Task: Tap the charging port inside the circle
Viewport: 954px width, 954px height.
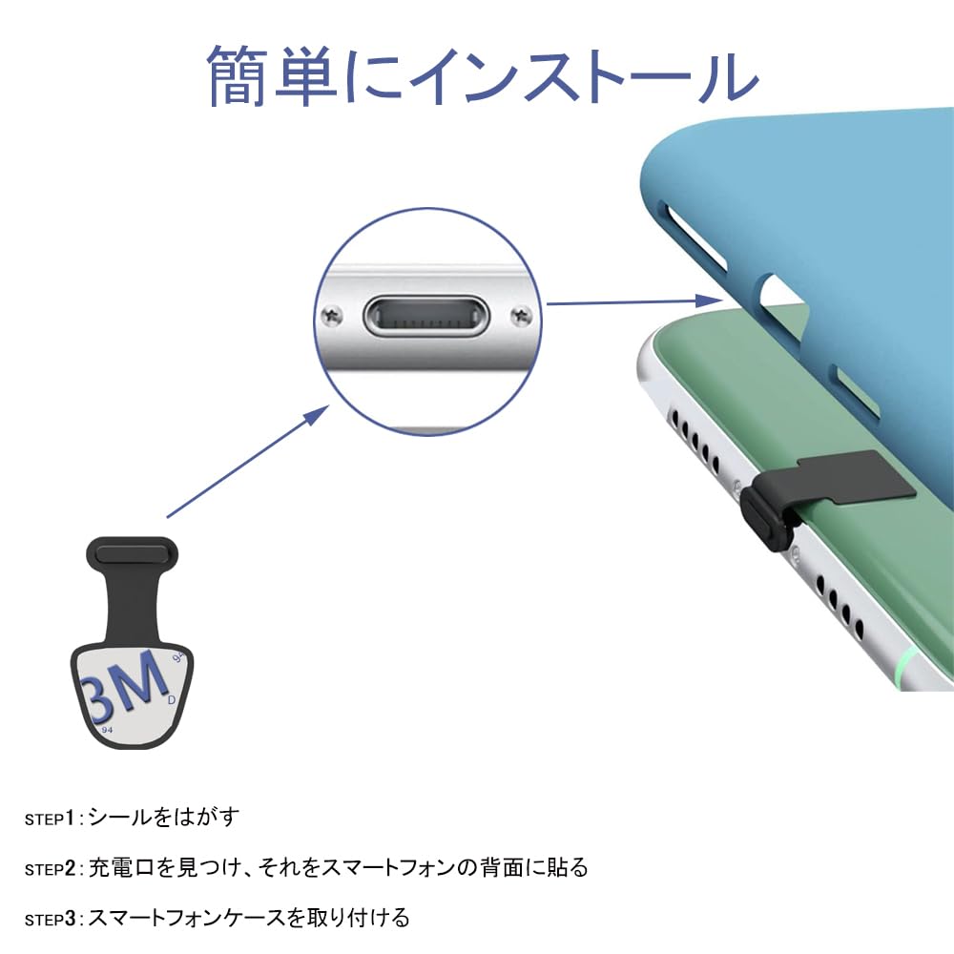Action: point(425,315)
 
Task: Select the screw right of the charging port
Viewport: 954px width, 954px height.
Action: point(520,312)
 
